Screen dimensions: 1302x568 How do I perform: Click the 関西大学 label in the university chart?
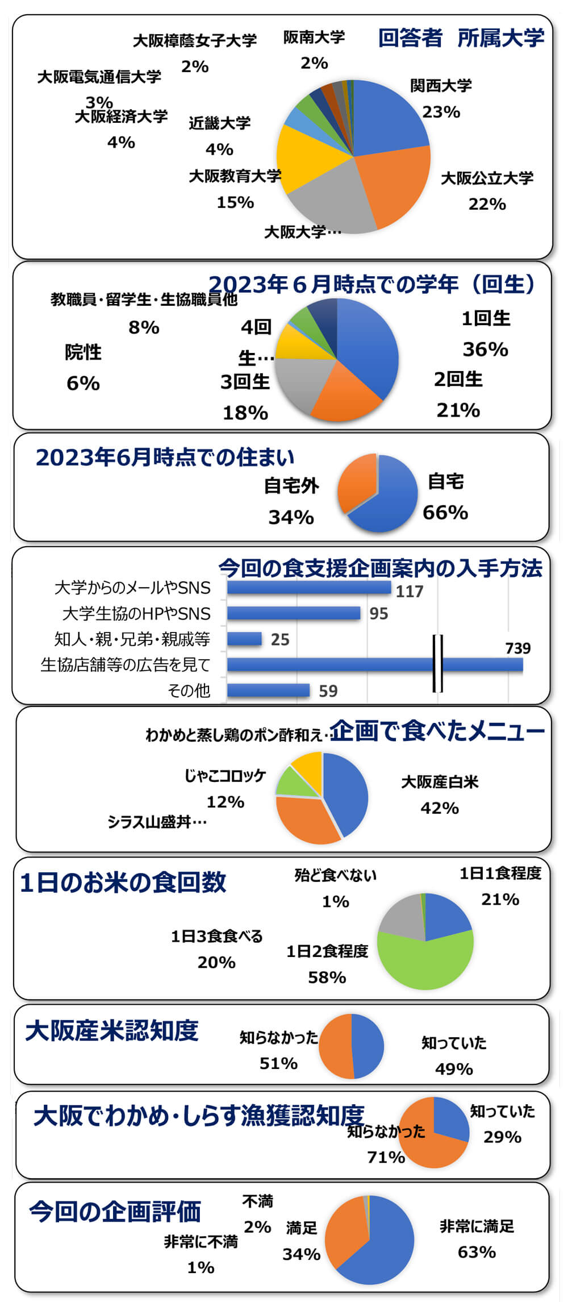[441, 86]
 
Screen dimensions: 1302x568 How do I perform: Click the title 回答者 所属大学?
[461, 39]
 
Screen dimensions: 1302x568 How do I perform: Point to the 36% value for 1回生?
[485, 349]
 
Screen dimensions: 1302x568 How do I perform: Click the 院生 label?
[83, 352]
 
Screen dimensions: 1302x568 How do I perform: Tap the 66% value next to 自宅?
[445, 513]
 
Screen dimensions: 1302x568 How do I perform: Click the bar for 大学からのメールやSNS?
[308, 587]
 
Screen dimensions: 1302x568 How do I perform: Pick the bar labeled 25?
[244, 639]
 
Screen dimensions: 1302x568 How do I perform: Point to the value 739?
[517, 648]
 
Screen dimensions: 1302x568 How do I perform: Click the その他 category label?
[189, 690]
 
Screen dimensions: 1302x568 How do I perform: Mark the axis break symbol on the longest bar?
[437, 663]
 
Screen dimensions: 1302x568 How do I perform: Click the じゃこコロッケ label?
[225, 776]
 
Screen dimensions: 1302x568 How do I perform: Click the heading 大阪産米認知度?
[112, 1031]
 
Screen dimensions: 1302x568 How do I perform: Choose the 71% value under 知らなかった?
[386, 1157]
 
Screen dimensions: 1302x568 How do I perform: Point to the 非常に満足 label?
[477, 1226]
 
